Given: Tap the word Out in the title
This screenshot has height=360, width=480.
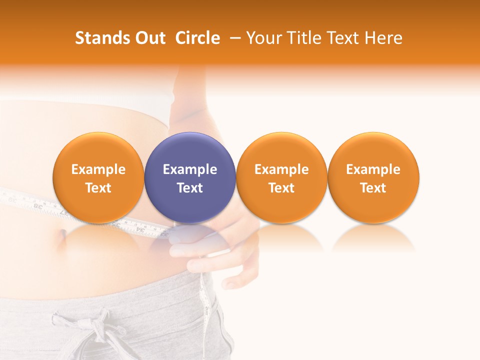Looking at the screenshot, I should tap(149, 38).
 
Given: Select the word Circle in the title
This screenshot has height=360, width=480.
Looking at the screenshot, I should tap(197, 38).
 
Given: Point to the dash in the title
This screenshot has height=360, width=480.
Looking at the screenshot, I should tap(233, 38).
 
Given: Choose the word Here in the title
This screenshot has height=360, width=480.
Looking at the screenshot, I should tap(383, 38).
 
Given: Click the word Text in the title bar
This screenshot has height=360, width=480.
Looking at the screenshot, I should tap(341, 38).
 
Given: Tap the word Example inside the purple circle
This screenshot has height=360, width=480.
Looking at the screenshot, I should tap(190, 169).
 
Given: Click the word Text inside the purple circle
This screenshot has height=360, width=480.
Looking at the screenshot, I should tap(190, 188).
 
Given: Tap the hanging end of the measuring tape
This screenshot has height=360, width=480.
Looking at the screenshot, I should tap(204, 300).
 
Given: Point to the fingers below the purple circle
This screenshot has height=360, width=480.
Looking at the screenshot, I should tap(187, 250).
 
